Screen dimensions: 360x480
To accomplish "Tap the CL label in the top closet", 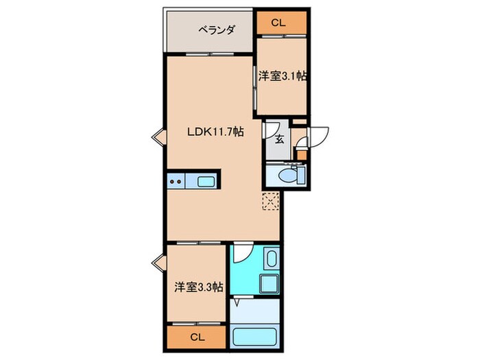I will coord(277,23).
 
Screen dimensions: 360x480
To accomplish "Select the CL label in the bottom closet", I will coord(197,337).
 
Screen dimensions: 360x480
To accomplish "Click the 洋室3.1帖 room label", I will coord(281,77).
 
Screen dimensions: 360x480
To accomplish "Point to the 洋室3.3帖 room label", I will coord(197,288).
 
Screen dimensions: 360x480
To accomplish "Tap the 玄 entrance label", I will coord(280,139).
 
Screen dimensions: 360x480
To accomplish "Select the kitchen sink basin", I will coord(206,182).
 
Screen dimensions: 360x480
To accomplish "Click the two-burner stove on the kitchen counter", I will coord(176,182).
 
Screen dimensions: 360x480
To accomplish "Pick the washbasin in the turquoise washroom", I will coord(271,260).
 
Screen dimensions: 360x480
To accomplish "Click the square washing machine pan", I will coord(267,284).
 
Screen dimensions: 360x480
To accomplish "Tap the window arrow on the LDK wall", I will coord(157,135).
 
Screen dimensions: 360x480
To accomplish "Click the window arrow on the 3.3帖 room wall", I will coord(157,262).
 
